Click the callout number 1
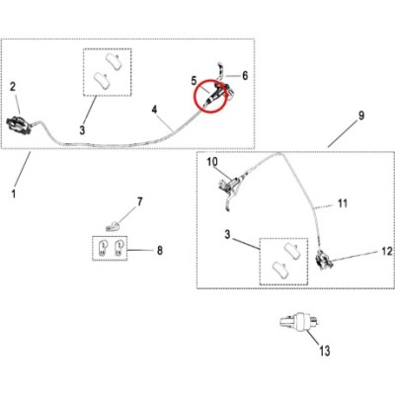pyautogui.click(x=14, y=194)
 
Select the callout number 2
pyautogui.click(x=13, y=87)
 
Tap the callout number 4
pyautogui.click(x=155, y=110)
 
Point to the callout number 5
pyautogui.click(x=194, y=80)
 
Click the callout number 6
pyautogui.click(x=245, y=75)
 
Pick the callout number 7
pyautogui.click(x=140, y=201)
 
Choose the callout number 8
pyautogui.click(x=160, y=251)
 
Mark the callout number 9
pyautogui.click(x=361, y=116)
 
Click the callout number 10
pyautogui.click(x=212, y=162)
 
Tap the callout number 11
pyautogui.click(x=343, y=203)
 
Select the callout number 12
pyautogui.click(x=387, y=252)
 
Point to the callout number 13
pyautogui.click(x=325, y=351)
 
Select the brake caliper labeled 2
pyautogui.click(x=21, y=122)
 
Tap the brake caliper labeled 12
pyautogui.click(x=323, y=260)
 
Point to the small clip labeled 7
pyautogui.click(x=112, y=226)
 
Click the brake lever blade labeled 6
pyautogui.click(x=221, y=71)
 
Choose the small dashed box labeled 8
pyautogui.click(x=110, y=248)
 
